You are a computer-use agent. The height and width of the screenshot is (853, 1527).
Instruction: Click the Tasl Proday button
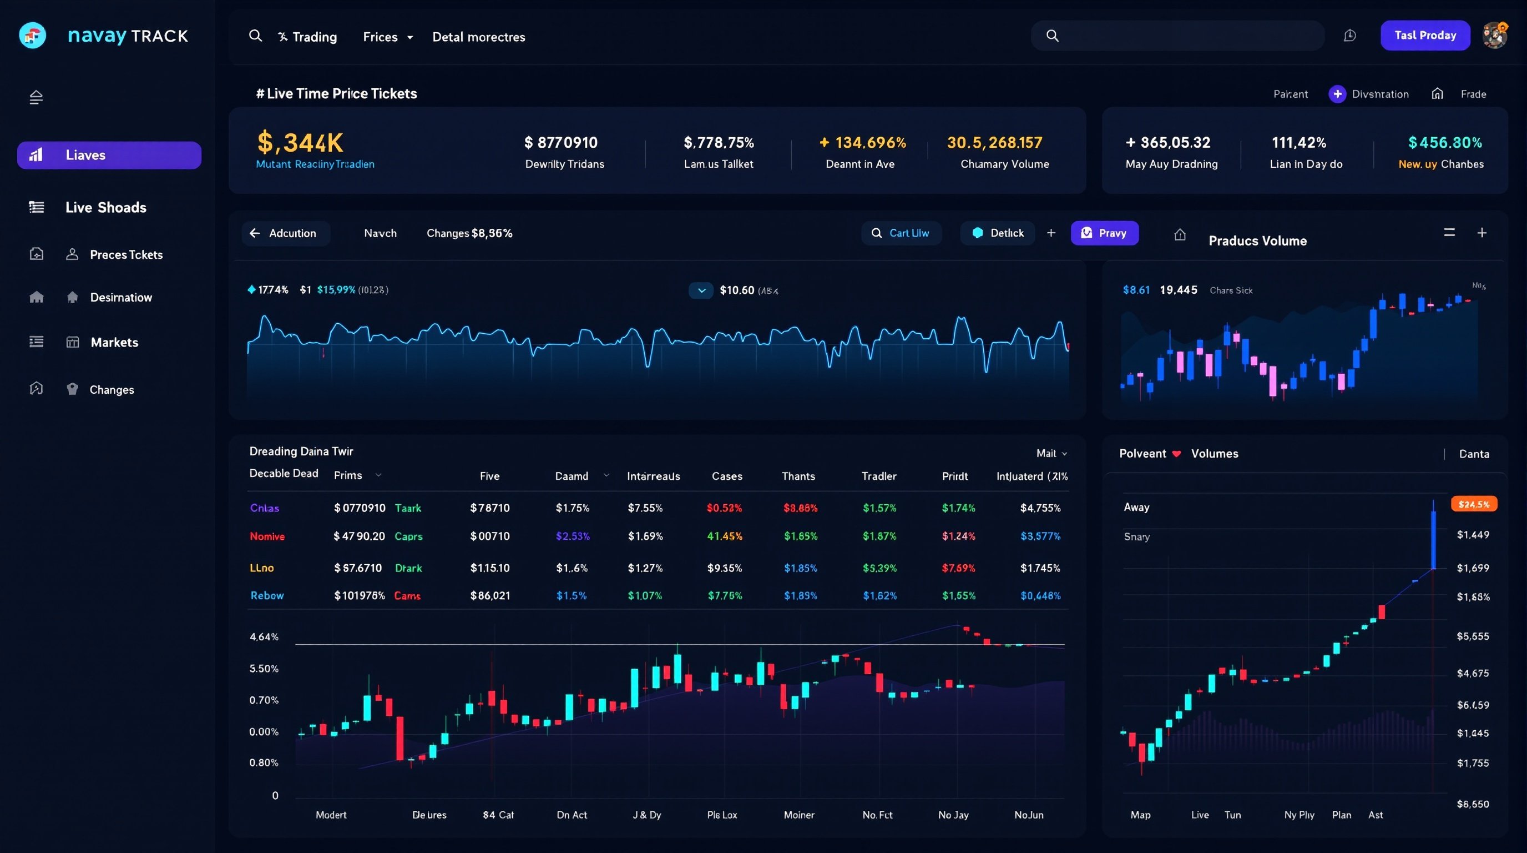click(x=1424, y=36)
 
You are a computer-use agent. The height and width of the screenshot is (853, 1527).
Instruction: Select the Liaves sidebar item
click(x=109, y=155)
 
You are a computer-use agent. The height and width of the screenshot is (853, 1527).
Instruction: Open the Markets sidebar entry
click(x=114, y=342)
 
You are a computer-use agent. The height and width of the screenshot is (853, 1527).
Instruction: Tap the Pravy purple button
click(x=1104, y=233)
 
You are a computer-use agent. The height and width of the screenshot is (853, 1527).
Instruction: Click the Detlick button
click(x=998, y=233)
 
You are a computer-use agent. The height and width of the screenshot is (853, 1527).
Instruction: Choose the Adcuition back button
click(x=284, y=233)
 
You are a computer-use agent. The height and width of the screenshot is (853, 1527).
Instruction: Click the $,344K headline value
click(x=300, y=142)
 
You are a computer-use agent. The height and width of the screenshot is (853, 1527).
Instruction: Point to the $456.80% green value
click(x=1445, y=142)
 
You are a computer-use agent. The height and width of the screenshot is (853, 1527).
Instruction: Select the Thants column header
click(x=798, y=476)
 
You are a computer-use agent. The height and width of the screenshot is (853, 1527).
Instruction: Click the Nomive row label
click(x=267, y=536)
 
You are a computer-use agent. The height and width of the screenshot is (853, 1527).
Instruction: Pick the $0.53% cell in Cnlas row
click(x=724, y=508)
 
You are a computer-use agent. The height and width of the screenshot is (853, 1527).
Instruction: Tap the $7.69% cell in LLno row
click(x=958, y=568)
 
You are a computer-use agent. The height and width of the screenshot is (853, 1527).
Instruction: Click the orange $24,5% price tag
click(x=1474, y=504)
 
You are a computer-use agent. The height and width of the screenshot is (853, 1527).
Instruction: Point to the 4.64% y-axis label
click(x=264, y=636)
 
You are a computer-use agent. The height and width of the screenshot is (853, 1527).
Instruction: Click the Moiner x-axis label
click(x=798, y=815)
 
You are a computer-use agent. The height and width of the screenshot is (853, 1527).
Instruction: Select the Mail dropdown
click(x=1051, y=453)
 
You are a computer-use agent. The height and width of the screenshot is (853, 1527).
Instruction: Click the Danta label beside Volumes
click(x=1474, y=454)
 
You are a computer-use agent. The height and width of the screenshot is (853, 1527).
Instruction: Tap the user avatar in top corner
click(x=1494, y=36)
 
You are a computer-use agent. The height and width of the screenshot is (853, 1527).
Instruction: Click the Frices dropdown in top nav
click(x=387, y=37)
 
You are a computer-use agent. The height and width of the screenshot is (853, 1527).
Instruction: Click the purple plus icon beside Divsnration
click(x=1337, y=94)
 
